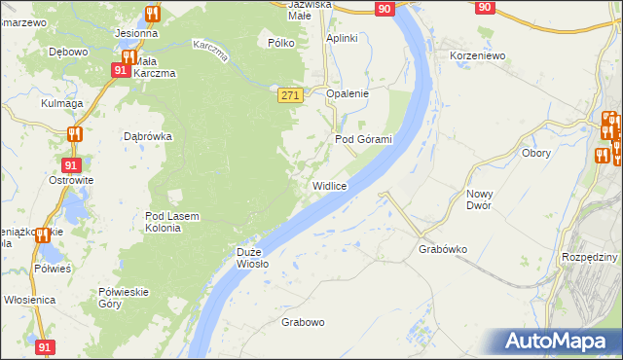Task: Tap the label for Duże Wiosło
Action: click(252, 258)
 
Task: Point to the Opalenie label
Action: click(348, 93)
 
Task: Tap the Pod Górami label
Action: click(363, 139)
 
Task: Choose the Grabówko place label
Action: click(443, 249)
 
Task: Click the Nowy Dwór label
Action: click(479, 199)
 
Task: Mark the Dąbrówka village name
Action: click(148, 137)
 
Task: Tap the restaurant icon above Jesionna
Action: click(151, 14)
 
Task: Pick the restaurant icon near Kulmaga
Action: click(74, 133)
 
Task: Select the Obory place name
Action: click(536, 153)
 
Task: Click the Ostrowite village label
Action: click(71, 180)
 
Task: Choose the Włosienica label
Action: click(29, 300)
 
